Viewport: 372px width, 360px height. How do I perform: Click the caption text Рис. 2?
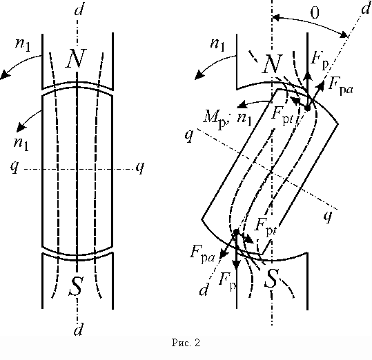(186, 343)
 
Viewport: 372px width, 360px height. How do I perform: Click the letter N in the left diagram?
(76, 59)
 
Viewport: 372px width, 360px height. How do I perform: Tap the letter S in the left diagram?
(76, 286)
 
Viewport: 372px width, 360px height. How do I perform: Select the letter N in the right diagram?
(273, 63)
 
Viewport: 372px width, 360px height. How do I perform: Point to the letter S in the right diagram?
(271, 279)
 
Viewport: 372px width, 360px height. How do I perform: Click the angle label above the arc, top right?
(315, 13)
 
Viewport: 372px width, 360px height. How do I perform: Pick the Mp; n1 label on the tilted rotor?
(227, 118)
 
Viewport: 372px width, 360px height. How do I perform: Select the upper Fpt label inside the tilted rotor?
(282, 114)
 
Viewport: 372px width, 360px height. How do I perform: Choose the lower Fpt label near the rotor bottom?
(266, 226)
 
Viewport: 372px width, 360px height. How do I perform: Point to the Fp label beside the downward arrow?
(227, 281)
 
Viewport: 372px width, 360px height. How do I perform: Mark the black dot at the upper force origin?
(308, 108)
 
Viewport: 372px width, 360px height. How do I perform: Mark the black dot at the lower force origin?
(236, 232)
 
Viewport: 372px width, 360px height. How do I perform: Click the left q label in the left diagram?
(14, 167)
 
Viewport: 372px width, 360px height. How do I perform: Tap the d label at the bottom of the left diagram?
(79, 329)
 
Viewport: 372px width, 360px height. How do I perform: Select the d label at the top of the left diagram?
(79, 9)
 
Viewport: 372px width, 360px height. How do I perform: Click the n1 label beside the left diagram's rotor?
(21, 143)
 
